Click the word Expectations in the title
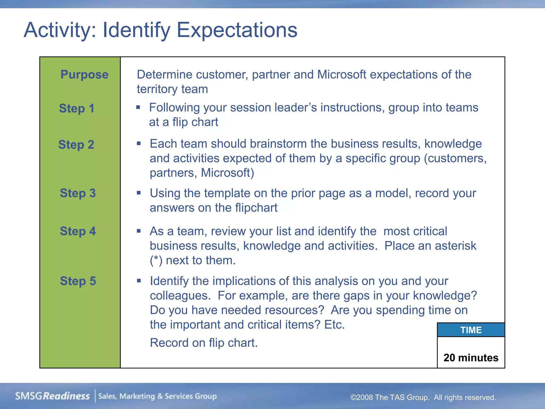tap(237, 30)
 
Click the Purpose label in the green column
tap(84, 75)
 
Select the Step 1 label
tap(77, 108)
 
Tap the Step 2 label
tap(76, 145)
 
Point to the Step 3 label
tap(78, 193)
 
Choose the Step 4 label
tap(78, 231)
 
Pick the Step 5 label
tap(78, 281)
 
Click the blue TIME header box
tap(471, 330)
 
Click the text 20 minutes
tap(471, 358)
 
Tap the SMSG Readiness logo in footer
tap(52, 396)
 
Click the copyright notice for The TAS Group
tap(423, 397)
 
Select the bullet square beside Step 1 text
tap(138, 107)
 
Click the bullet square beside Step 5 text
tap(139, 281)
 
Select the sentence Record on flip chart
tap(204, 343)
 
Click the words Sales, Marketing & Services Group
tap(158, 396)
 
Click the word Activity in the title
tap(60, 30)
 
